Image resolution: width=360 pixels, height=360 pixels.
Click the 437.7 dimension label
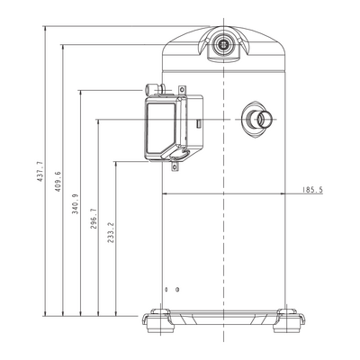point(40,171)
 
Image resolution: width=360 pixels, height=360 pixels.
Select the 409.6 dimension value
point(58,182)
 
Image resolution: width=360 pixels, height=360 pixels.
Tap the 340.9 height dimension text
point(75,203)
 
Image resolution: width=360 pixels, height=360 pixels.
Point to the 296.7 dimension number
point(94,219)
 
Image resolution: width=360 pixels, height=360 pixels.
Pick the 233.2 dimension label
point(111,232)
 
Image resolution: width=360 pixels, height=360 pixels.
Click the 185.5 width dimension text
point(312,190)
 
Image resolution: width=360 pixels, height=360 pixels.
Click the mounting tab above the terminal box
point(183,90)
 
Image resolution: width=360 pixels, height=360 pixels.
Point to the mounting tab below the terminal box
point(175,166)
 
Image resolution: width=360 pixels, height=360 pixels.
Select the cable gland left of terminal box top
point(154,89)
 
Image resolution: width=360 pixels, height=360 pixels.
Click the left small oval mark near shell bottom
point(166,290)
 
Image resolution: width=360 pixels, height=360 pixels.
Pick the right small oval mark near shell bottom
point(177,290)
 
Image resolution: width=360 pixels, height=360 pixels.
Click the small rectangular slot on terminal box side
point(198,123)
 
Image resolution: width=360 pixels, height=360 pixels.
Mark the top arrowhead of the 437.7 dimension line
point(45,29)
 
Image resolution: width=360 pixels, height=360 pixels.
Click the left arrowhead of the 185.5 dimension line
point(165,193)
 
